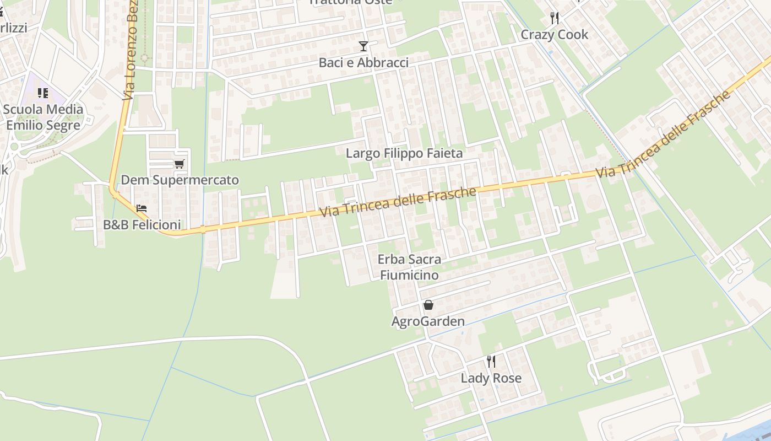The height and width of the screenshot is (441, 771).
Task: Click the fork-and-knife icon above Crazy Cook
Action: (555, 18)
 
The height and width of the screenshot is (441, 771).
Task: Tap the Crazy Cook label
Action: (555, 34)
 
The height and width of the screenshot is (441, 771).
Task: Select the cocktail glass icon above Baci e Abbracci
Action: (363, 46)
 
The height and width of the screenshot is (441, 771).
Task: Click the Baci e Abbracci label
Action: (363, 63)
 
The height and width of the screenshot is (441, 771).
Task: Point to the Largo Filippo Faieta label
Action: (404, 153)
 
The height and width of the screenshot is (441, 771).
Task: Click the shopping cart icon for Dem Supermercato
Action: (179, 164)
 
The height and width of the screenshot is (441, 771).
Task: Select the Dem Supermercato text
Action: (180, 180)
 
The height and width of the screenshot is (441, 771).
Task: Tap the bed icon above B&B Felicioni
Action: (142, 208)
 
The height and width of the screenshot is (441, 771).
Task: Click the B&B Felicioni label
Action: (142, 225)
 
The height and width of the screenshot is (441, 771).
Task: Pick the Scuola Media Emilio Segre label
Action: (43, 117)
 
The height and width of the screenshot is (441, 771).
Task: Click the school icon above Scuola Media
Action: (43, 93)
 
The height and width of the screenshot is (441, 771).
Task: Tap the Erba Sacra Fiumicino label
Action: (409, 267)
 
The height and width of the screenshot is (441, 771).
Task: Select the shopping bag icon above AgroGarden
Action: (428, 305)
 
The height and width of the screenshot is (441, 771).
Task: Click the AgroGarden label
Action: (428, 321)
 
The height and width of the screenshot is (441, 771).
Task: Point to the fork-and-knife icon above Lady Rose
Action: (491, 362)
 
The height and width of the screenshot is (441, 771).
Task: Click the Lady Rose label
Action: (491, 378)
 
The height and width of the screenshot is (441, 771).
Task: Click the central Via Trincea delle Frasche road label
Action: (397, 202)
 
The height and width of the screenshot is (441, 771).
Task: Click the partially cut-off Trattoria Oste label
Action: (350, 2)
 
